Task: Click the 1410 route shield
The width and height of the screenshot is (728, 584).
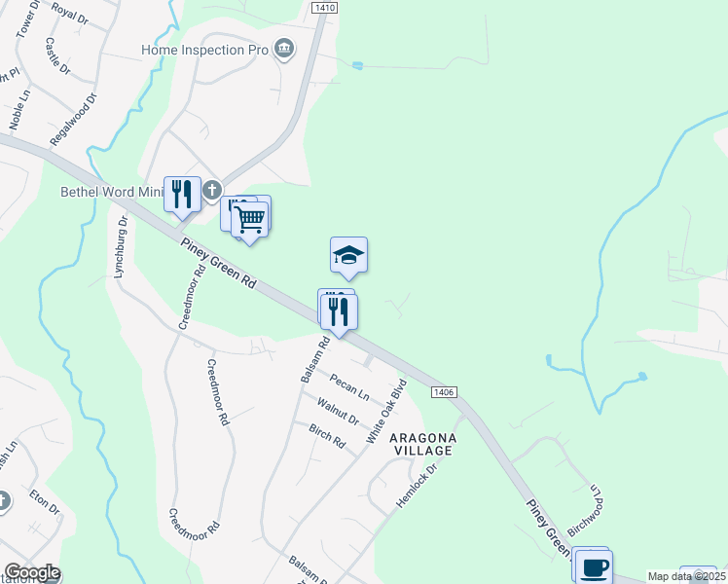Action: pos(324,8)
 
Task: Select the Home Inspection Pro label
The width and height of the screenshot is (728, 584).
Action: pos(204,50)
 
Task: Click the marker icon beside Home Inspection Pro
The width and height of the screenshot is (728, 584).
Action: pos(284,50)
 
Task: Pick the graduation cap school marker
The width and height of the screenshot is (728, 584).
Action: pos(348,256)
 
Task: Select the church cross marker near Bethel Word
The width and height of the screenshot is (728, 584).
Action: pos(212,192)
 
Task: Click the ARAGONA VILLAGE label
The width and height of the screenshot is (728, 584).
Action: pos(421,445)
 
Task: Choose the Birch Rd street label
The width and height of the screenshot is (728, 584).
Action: pos(327,437)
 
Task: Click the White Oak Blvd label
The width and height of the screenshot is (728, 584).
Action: pos(383,410)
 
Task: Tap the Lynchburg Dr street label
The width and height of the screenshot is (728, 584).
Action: pos(122,248)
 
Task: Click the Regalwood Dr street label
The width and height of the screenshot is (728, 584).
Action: pos(74,121)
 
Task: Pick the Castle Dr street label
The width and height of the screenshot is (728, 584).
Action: pos(57,56)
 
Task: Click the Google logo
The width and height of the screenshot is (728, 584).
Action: pos(32,572)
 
